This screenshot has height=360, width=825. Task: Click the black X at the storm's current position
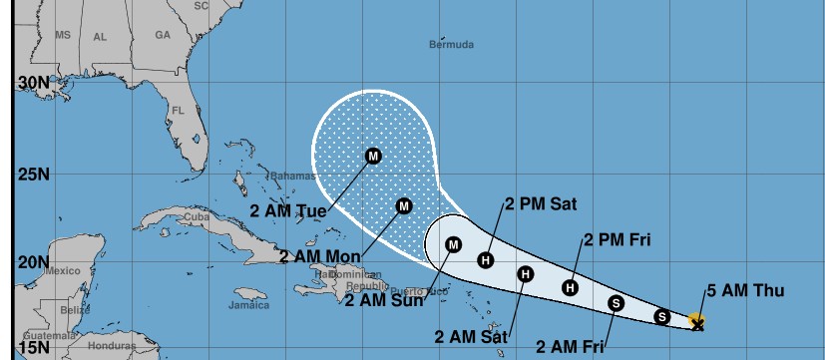[x=697, y=323]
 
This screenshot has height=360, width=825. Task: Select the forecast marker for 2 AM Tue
[x=373, y=156]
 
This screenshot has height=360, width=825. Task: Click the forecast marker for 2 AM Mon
[x=404, y=206]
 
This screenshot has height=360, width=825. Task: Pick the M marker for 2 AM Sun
[x=453, y=244]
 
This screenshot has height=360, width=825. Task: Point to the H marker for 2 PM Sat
[x=486, y=260]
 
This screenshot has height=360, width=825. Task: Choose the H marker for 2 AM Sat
[x=526, y=274]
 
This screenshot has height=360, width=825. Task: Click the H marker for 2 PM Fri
[x=570, y=287]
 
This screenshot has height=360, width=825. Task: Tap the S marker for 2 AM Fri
[x=616, y=303]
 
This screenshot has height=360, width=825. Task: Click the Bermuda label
[x=451, y=45]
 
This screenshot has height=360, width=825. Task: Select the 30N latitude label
[x=33, y=82]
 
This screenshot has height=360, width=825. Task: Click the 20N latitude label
[x=33, y=262]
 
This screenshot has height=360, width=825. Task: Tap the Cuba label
[x=197, y=216]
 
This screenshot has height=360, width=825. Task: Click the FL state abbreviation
[x=180, y=110]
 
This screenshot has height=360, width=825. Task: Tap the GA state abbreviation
[x=163, y=34]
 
